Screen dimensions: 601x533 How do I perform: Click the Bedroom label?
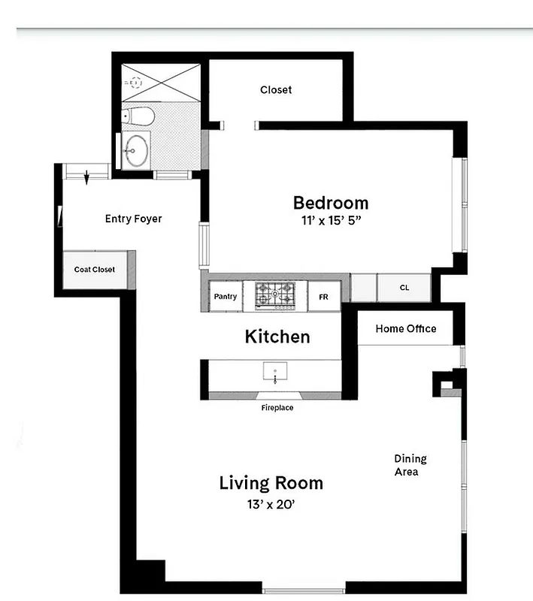point(330,203)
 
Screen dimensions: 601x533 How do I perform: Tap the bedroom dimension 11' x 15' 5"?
point(330,222)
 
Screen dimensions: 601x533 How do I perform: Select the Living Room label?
point(271,483)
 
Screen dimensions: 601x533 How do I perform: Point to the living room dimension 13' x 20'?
point(271,505)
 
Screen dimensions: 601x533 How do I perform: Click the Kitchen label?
point(277,337)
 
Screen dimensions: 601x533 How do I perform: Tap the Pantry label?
point(226,297)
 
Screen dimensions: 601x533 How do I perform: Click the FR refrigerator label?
point(323,297)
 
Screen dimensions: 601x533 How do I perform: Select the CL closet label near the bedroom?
point(404,288)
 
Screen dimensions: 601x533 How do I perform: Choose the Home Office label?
point(406,329)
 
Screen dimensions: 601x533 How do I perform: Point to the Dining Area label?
point(410,465)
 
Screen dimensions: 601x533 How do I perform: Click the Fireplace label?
point(277,408)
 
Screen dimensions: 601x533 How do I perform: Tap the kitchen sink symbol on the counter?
point(275,371)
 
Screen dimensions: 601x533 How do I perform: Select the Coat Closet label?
point(95,270)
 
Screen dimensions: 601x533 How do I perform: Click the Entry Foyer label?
point(133,219)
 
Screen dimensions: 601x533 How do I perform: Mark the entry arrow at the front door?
point(87,178)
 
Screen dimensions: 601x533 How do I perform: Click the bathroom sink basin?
point(136,149)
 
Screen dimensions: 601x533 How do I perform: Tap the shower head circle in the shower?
point(137,83)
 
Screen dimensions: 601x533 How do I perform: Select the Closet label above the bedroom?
point(276,90)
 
